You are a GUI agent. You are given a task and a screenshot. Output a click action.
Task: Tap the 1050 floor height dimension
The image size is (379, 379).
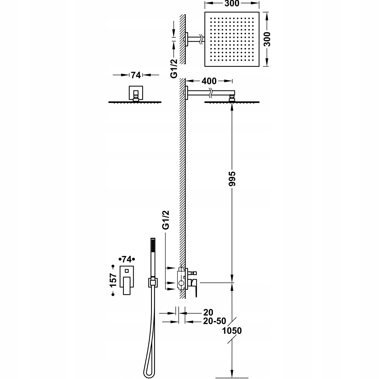click(232, 330)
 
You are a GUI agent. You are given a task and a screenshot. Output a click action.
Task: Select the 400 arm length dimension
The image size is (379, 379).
click(209, 81)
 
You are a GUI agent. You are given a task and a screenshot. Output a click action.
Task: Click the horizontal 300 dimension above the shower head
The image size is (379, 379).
click(232, 4)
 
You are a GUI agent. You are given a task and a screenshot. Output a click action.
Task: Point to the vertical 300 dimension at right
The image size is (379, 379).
click(267, 39)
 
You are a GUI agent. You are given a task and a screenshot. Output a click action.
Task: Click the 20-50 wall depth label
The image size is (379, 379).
click(215, 321)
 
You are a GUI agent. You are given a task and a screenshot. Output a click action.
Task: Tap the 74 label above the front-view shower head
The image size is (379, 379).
click(136, 75)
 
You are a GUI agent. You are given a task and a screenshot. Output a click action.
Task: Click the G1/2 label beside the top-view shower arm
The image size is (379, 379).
click(174, 68)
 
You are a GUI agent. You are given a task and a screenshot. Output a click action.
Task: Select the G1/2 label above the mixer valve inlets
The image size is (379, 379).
click(166, 220)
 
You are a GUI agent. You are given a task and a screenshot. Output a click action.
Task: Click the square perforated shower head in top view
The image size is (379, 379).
click(232, 39)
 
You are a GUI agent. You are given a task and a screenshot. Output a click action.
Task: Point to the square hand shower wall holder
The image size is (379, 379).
click(152, 282)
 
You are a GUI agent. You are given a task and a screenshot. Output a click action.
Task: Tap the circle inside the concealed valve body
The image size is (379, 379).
click(181, 284)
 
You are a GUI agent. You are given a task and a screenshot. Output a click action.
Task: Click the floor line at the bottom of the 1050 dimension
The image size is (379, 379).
click(232, 378)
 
